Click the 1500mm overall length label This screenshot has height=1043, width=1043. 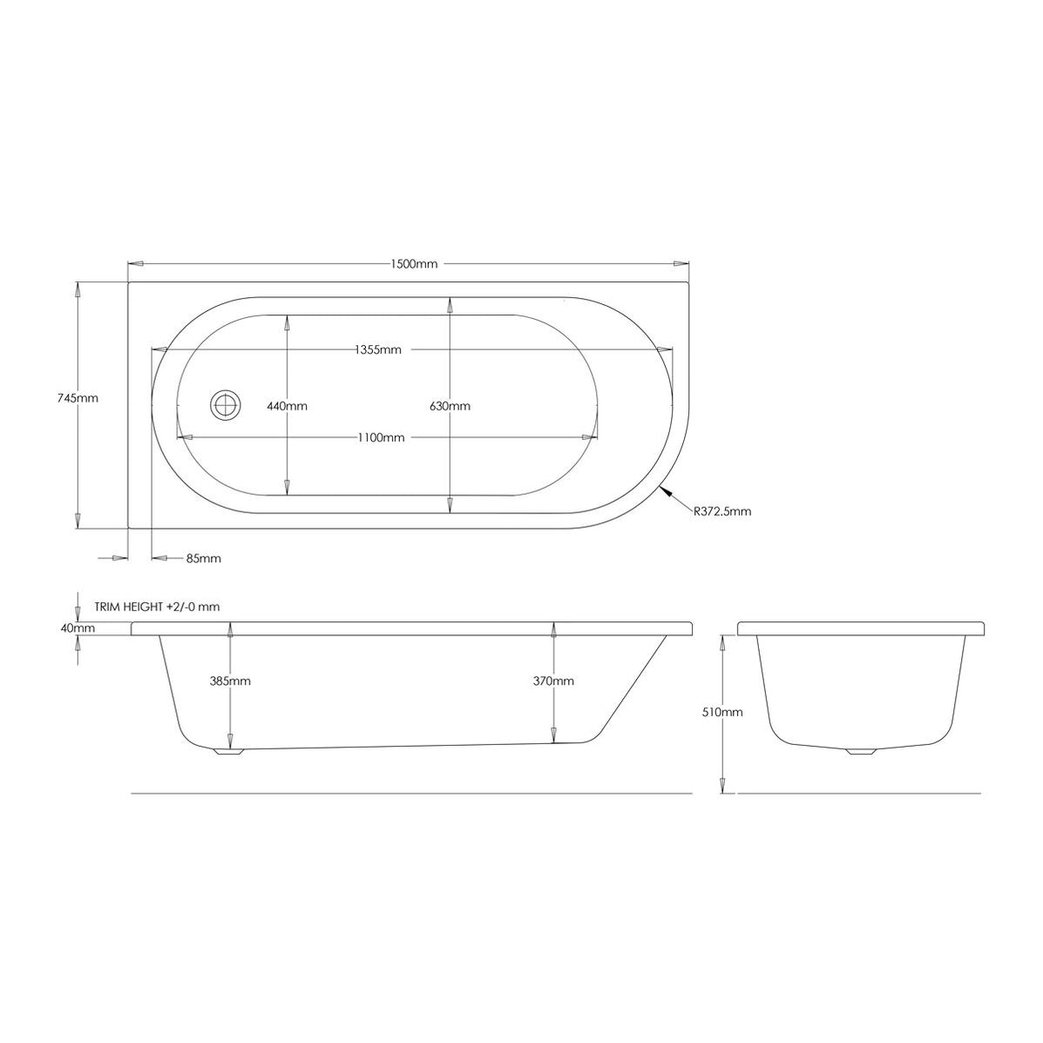(x=414, y=264)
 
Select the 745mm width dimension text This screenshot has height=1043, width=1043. (x=78, y=397)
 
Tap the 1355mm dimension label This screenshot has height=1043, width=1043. (x=378, y=350)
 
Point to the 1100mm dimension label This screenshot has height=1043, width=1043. (x=381, y=438)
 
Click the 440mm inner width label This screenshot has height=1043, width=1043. (x=287, y=406)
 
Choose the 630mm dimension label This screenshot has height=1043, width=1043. (x=450, y=406)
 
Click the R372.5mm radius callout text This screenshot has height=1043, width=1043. (x=722, y=511)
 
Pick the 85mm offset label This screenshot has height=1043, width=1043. (x=204, y=559)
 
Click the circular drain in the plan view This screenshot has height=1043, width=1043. (x=225, y=405)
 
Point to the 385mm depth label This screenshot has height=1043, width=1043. (x=231, y=681)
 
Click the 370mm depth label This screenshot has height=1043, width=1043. (x=554, y=681)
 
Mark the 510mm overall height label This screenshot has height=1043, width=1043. (x=723, y=712)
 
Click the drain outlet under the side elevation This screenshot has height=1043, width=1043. (x=229, y=751)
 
